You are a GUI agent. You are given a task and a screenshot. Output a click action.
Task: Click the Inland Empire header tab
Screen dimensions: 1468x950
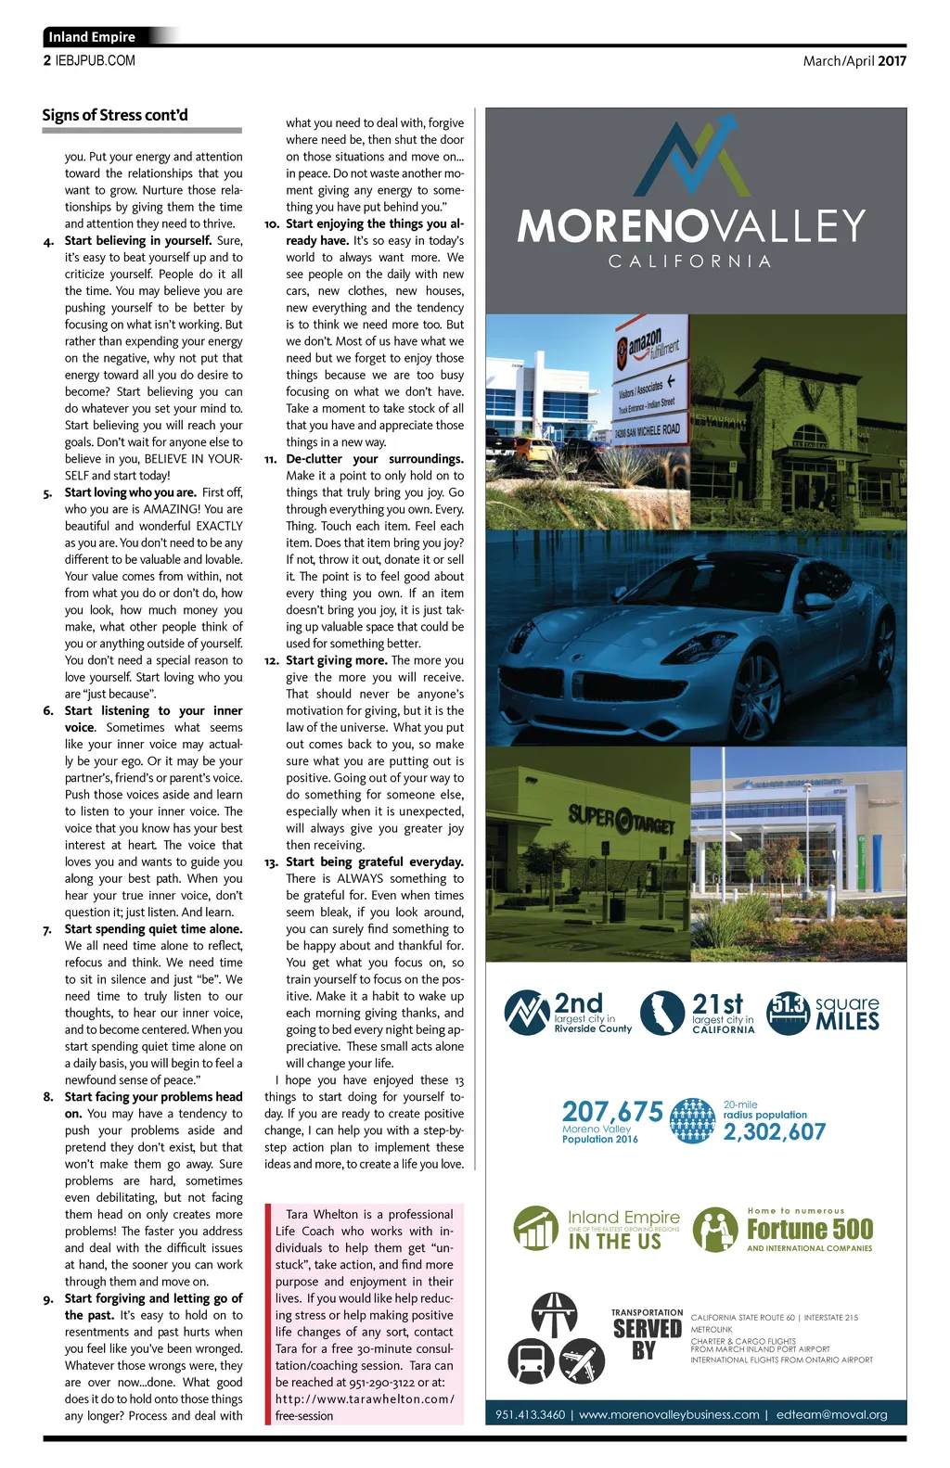click(x=93, y=37)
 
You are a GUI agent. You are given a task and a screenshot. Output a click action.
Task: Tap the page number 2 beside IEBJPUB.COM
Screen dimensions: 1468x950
click(x=47, y=61)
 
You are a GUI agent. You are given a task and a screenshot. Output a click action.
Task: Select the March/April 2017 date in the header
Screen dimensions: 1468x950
click(x=854, y=61)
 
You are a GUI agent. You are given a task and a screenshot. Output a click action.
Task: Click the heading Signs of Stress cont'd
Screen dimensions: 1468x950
click(x=115, y=115)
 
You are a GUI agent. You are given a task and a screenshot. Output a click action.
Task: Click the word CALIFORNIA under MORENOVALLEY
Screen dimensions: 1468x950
click(x=690, y=262)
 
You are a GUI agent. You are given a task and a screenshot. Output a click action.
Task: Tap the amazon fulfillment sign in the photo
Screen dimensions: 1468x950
click(x=649, y=348)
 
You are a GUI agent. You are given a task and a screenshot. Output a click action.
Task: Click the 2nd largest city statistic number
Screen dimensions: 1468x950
click(x=578, y=1002)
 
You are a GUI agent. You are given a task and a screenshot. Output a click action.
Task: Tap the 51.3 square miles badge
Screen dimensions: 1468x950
click(x=789, y=1012)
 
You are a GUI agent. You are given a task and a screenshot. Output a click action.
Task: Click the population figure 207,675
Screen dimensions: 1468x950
click(x=612, y=1112)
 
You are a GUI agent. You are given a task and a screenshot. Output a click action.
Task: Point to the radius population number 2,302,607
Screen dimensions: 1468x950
click(x=774, y=1131)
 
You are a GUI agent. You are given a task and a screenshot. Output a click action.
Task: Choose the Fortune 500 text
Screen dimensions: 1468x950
click(x=810, y=1230)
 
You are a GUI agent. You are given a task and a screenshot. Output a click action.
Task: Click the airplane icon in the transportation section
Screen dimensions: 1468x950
click(x=582, y=1360)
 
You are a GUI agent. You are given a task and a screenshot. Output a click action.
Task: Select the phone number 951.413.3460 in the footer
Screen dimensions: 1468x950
click(x=530, y=1414)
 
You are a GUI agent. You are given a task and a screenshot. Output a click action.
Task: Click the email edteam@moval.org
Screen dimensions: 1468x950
click(x=831, y=1414)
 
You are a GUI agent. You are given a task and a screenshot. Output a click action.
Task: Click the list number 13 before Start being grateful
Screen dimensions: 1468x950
click(x=271, y=862)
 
